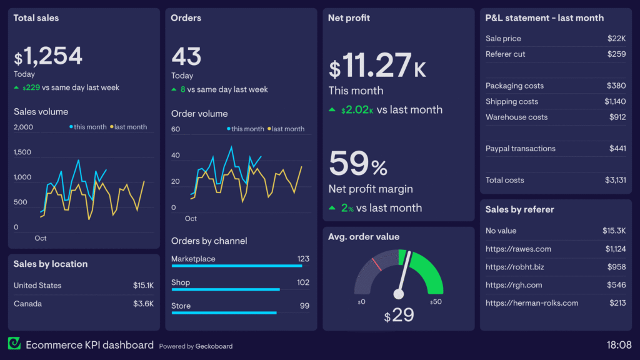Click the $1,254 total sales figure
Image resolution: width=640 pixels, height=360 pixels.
(48, 57)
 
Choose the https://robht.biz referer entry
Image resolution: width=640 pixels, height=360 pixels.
(516, 267)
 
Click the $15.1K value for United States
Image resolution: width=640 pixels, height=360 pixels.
(143, 285)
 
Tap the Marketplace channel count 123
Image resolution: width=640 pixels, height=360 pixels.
(303, 259)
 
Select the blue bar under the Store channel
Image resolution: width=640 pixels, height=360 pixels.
(223, 312)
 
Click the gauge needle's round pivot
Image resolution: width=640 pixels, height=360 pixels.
(399, 294)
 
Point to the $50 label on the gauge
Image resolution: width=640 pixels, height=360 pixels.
(436, 302)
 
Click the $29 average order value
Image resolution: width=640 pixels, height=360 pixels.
(399, 314)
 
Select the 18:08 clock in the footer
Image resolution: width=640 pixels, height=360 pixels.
(619, 344)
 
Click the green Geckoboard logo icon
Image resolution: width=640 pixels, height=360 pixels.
(14, 344)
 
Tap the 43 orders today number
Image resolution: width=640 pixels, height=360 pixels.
(186, 57)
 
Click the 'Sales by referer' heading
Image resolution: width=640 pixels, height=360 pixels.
(519, 209)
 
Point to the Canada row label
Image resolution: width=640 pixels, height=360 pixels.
(27, 304)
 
